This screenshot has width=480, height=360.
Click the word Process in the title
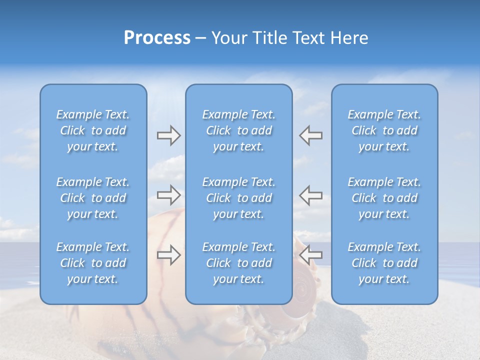pyautogui.click(x=157, y=38)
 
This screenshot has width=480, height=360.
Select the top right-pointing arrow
pyautogui.click(x=168, y=135)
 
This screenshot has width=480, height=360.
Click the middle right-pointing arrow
pyautogui.click(x=168, y=195)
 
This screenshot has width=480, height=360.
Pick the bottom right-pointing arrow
pyautogui.click(x=168, y=254)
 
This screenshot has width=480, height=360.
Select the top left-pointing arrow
pyautogui.click(x=311, y=135)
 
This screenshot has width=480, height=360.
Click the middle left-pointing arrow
pyautogui.click(x=311, y=195)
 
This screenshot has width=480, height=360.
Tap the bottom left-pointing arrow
pyautogui.click(x=311, y=254)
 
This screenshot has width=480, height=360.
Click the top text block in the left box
pyautogui.click(x=93, y=130)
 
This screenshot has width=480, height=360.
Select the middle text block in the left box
pyautogui.click(x=93, y=198)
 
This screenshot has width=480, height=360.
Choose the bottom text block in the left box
pyautogui.click(x=93, y=263)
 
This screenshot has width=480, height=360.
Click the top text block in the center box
pyautogui.click(x=238, y=130)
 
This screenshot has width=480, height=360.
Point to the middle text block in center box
pyautogui.click(x=238, y=198)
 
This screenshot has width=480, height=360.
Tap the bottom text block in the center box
pyautogui.click(x=238, y=263)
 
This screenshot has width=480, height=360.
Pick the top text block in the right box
pyautogui.click(x=384, y=130)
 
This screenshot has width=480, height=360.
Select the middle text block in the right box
pyautogui.click(x=384, y=198)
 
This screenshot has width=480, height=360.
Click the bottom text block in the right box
pyautogui.click(x=384, y=263)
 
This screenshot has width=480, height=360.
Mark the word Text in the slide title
pyautogui.click(x=309, y=38)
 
